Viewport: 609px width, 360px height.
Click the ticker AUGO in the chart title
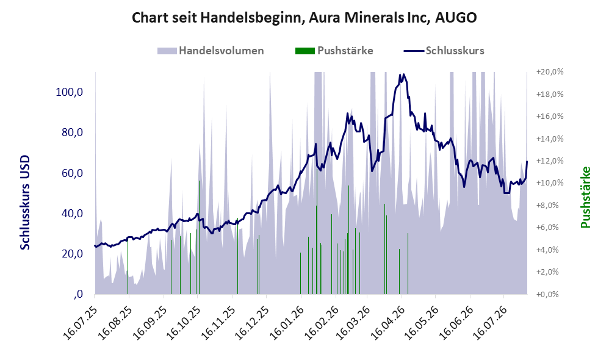pos(456,18)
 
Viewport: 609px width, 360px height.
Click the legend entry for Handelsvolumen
pos(221,51)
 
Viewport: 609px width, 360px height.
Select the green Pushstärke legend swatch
pos(305,51)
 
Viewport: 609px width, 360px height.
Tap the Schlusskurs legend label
pos(455,51)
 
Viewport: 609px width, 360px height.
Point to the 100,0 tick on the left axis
pos(70,92)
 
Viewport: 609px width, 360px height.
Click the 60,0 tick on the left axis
pos(72,173)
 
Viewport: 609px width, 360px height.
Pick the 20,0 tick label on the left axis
pos(72,254)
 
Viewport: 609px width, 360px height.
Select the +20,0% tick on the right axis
pos(550,72)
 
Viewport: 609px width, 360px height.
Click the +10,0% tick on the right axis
pos(550,183)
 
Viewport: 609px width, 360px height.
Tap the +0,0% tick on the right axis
pos(547,294)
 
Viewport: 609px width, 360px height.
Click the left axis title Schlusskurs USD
pos(25,203)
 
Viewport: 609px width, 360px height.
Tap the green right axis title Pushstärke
pos(585,197)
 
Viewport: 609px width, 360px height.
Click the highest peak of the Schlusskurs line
pos(404,74)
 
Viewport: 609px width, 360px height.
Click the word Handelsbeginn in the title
pos(251,18)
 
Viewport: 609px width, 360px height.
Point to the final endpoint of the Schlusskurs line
pos(527,161)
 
